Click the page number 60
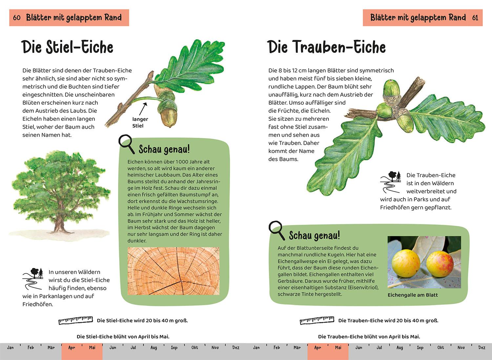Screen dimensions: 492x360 pyautogui.click(x=17, y=18)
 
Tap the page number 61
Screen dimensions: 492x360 pyautogui.click(x=475, y=18)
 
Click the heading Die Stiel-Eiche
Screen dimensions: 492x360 pyautogui.click(x=67, y=47)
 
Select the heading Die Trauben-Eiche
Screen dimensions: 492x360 pyautogui.click(x=326, y=47)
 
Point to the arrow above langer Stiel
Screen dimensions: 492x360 pyautogui.click(x=143, y=109)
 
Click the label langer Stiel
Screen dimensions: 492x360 pyautogui.click(x=140, y=122)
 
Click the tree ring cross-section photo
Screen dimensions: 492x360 pyautogui.click(x=174, y=271)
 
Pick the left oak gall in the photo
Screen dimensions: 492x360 pyautogui.click(x=406, y=263)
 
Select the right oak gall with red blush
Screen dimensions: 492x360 pyautogui.click(x=440, y=264)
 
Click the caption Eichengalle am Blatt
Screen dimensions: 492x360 pyautogui.click(x=413, y=295)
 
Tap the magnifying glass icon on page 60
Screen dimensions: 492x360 pyautogui.click(x=127, y=144)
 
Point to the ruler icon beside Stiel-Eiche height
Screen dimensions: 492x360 pyautogui.click(x=75, y=320)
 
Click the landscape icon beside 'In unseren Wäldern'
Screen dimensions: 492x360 pyautogui.click(x=33, y=279)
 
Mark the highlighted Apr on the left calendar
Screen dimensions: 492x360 pyautogui.click(x=72, y=348)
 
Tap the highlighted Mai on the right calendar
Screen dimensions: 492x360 pyautogui.click(x=338, y=348)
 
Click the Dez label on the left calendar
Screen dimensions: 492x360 pyautogui.click(x=236, y=348)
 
